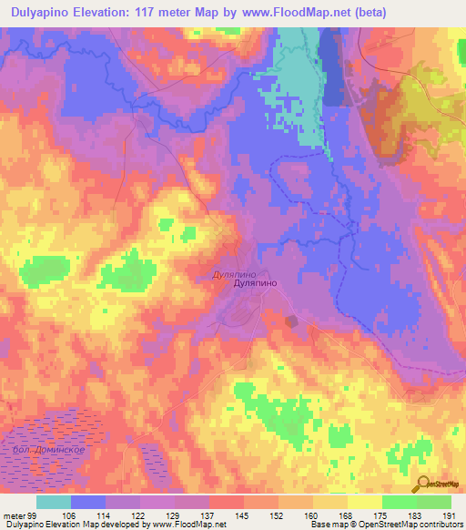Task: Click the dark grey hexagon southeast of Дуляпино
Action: coord(291,321)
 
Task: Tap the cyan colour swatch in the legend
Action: coord(54,502)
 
